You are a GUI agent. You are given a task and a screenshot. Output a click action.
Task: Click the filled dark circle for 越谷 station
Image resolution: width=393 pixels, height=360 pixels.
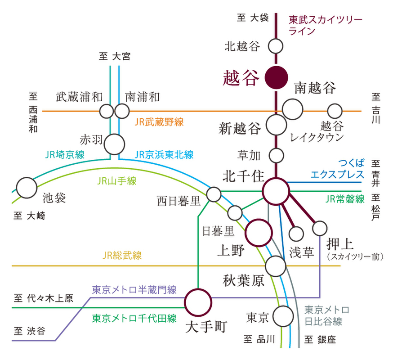click(276, 77)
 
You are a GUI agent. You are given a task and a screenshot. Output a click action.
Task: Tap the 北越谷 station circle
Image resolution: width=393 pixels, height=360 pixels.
click(276, 46)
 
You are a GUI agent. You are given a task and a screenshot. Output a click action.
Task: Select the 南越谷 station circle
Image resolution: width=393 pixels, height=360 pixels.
click(293, 109)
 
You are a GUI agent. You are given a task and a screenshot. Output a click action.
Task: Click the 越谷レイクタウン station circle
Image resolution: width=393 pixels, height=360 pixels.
click(335, 111)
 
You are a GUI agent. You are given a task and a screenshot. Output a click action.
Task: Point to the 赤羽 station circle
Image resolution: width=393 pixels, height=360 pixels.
click(114, 144)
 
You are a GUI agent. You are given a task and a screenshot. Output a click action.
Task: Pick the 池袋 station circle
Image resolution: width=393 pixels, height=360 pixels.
click(26, 187)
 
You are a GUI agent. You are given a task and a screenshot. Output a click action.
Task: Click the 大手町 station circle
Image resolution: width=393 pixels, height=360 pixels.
click(198, 302)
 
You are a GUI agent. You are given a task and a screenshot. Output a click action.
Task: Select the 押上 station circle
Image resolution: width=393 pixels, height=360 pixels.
click(320, 228)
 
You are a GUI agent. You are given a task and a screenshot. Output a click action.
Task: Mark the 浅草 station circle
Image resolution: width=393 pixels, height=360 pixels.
click(296, 233)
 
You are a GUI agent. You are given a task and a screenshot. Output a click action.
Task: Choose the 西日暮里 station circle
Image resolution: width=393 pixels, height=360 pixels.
click(214, 194)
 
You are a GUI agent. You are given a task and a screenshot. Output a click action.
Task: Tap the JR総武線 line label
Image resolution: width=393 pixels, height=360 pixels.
click(122, 256)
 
